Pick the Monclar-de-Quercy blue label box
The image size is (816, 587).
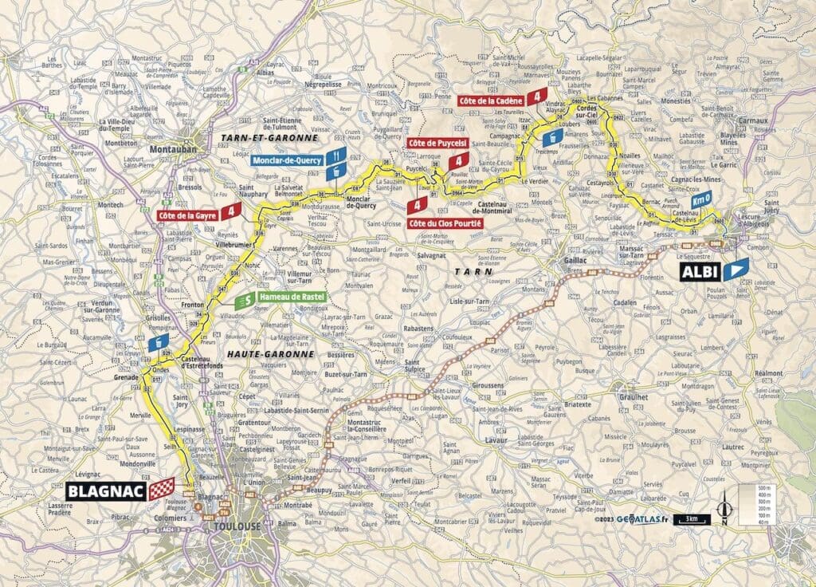288,160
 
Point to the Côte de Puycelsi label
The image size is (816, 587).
429,142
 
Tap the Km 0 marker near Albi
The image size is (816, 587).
701,199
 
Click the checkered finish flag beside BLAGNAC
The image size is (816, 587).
161,488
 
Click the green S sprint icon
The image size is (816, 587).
247,300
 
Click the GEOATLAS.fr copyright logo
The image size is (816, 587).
637,519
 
